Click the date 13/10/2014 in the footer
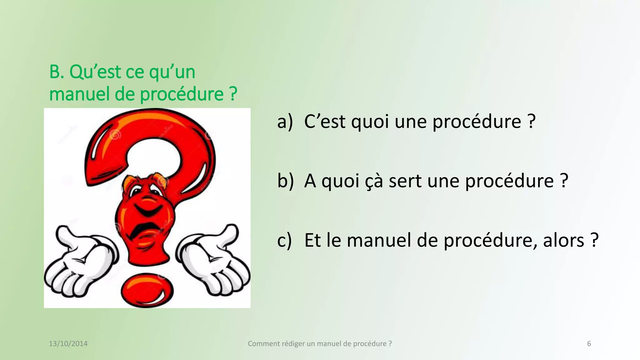[x=68, y=344]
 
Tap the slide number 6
[x=589, y=344]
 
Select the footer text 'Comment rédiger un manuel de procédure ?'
[x=320, y=344]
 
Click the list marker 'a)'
[x=285, y=122]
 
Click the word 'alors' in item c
[x=563, y=240]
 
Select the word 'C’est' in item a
[x=325, y=122]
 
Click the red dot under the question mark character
[x=147, y=290]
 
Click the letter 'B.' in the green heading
[x=57, y=72]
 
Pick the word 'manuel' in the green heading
[x=79, y=94]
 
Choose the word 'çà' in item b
[x=374, y=181]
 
